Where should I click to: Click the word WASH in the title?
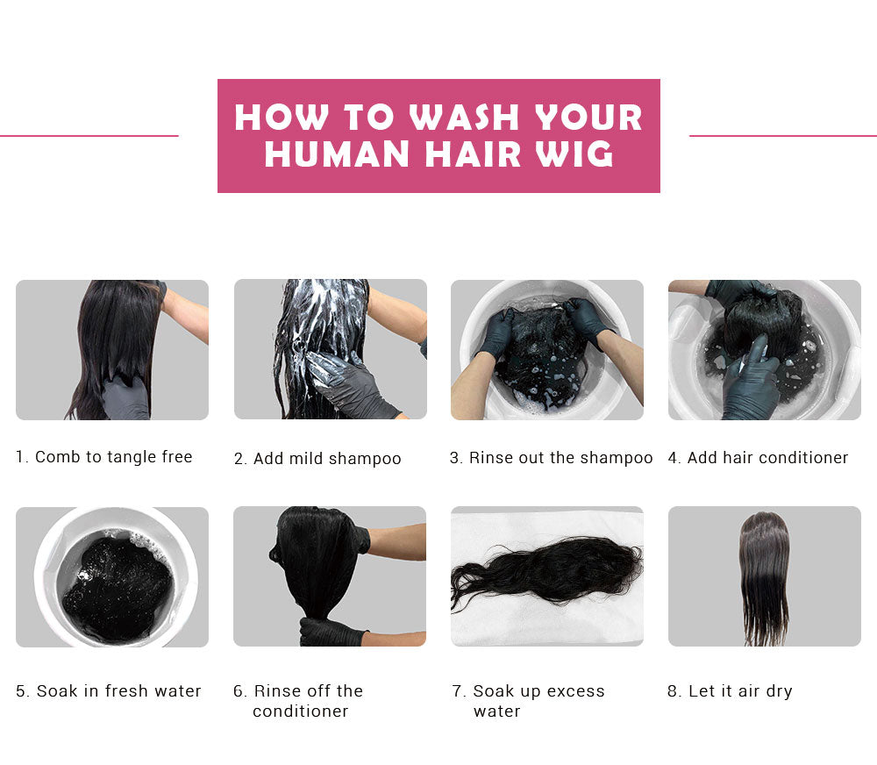click(464, 118)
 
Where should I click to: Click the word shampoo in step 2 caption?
click(365, 459)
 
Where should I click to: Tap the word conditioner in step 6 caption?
click(300, 711)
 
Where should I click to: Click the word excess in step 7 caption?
click(575, 691)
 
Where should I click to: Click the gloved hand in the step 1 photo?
click(125, 398)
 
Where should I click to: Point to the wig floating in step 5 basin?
click(117, 588)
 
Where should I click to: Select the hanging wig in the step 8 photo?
click(764, 577)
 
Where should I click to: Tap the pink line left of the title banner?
click(89, 135)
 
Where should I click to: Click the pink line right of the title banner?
click(783, 135)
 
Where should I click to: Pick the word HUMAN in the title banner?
click(337, 154)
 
